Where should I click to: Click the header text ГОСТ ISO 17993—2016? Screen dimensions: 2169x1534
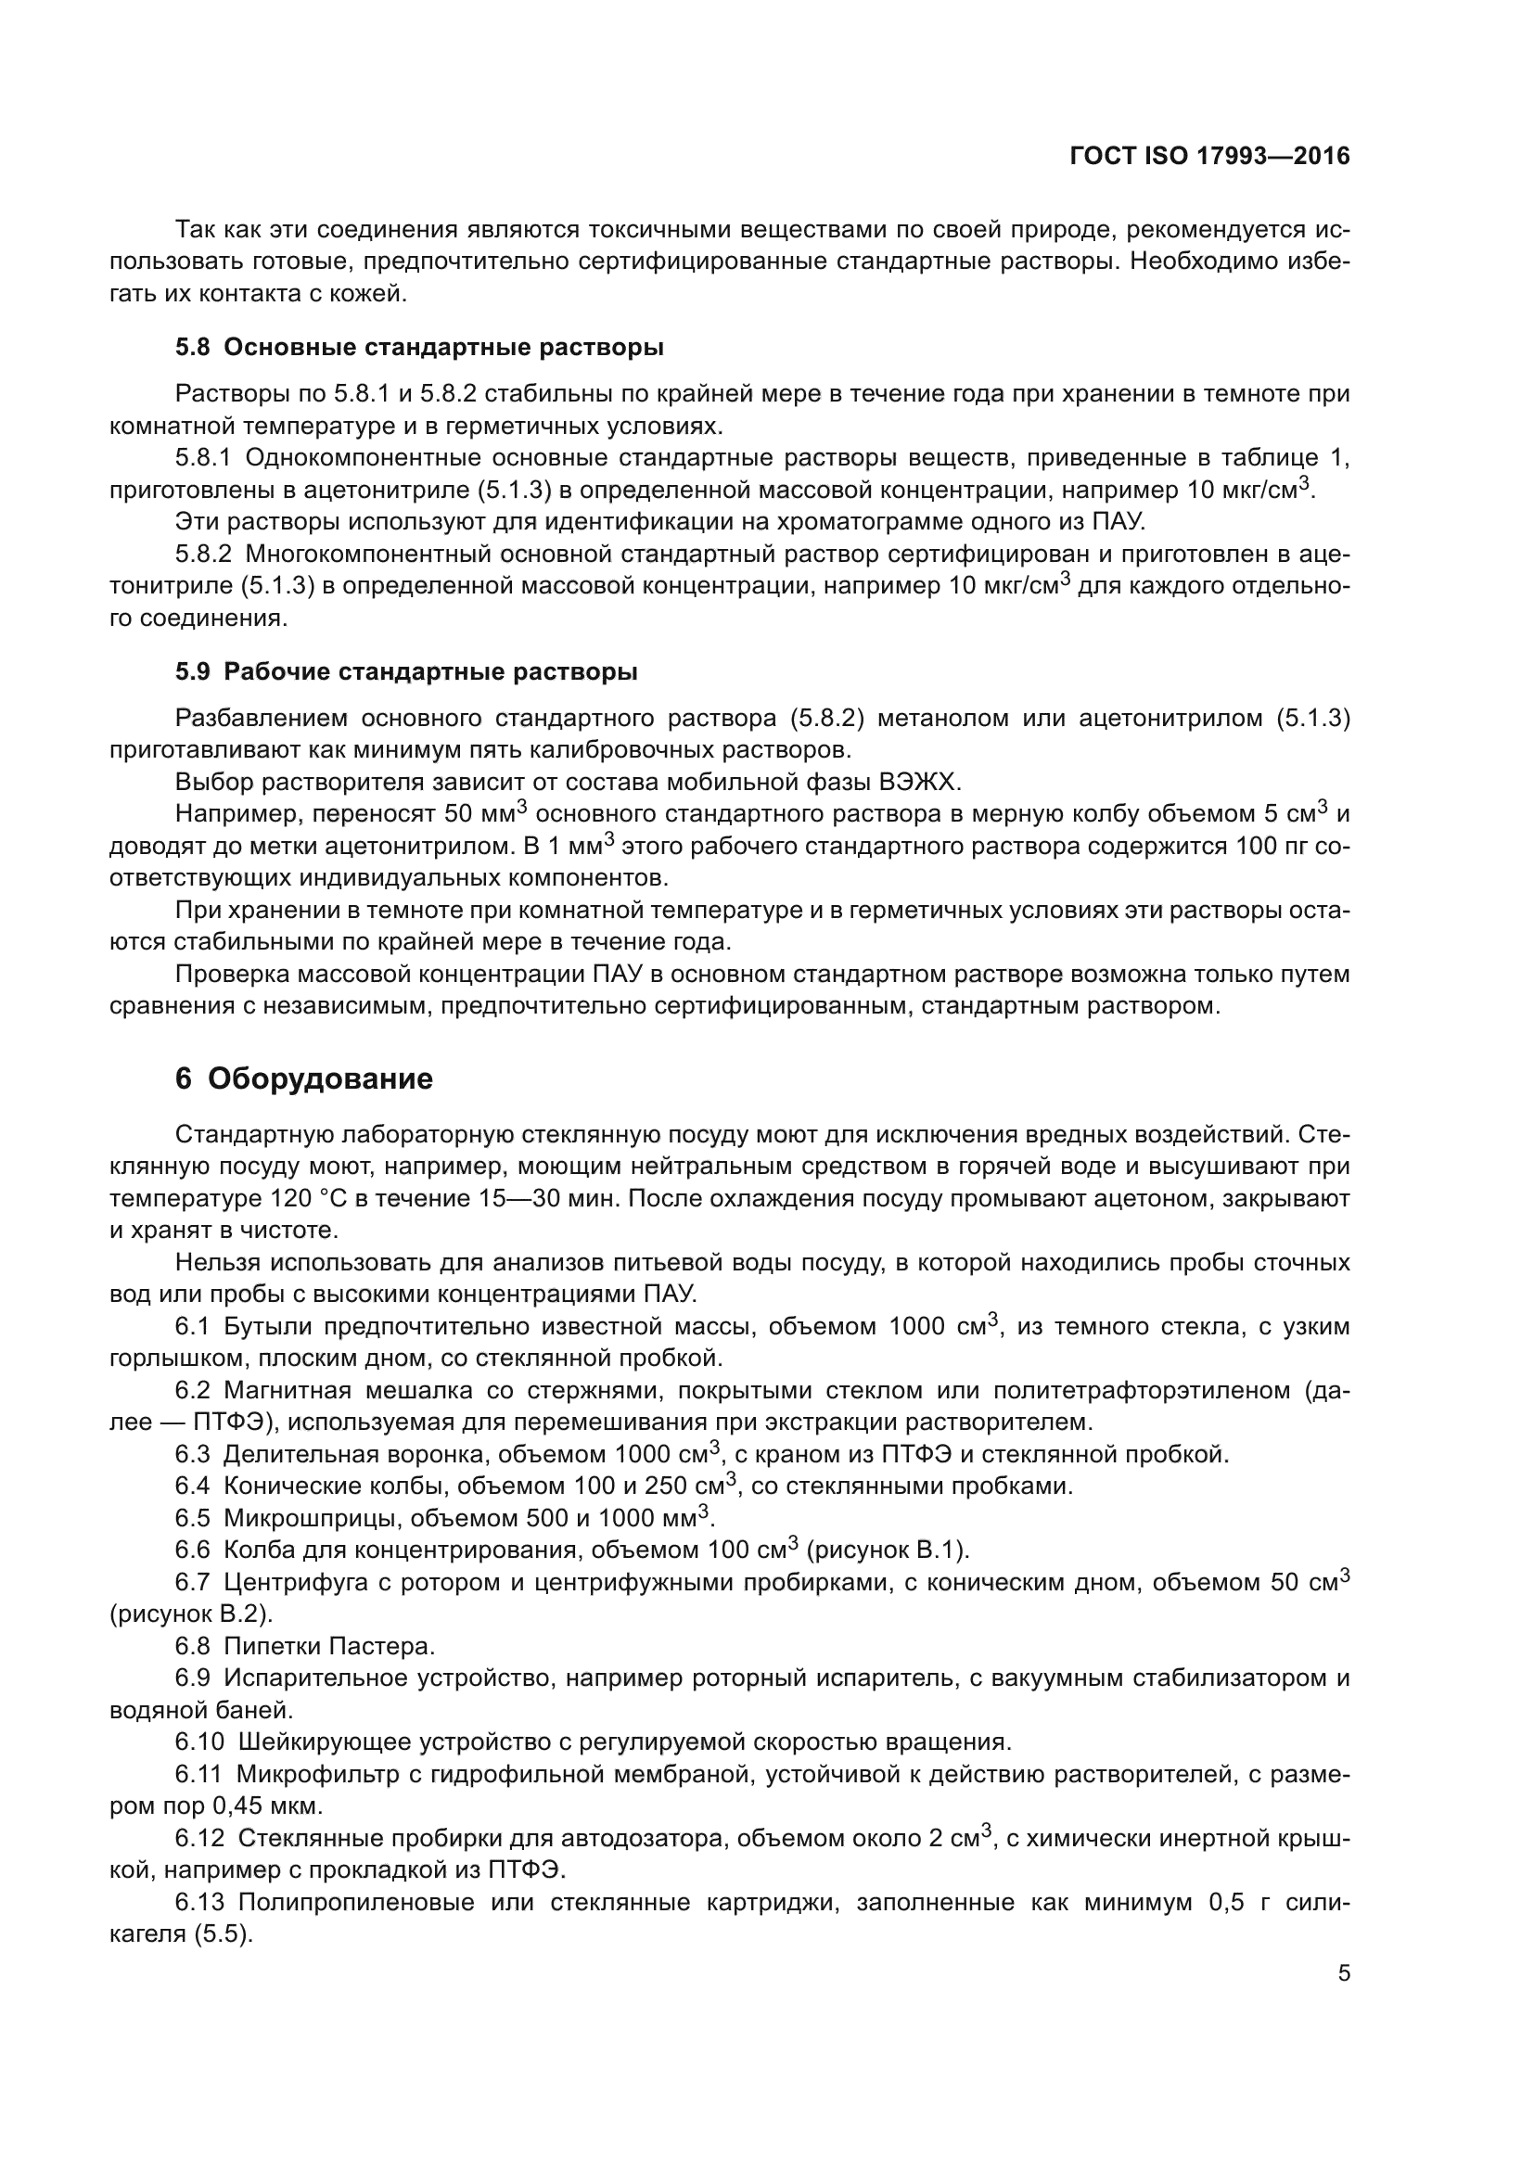1209,156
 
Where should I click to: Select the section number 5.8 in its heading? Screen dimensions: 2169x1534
192,348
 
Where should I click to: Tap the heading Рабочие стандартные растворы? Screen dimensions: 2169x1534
430,671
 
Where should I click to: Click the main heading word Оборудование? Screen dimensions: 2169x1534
320,1078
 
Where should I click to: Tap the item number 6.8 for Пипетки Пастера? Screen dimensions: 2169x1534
192,1647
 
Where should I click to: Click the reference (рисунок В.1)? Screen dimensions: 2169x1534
888,1550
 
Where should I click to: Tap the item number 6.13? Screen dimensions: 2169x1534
199,1903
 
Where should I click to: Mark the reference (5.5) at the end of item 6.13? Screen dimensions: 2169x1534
224,1934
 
